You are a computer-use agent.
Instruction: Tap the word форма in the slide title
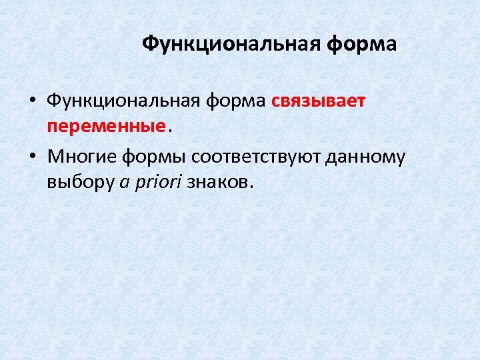click(361, 45)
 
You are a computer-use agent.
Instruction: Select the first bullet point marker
click(32, 102)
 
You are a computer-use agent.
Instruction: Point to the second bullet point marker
click(32, 157)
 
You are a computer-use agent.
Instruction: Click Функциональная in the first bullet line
click(123, 101)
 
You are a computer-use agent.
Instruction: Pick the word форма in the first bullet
click(235, 101)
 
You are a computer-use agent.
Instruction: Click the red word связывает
click(319, 101)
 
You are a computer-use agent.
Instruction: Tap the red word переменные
click(106, 126)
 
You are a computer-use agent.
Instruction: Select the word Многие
click(82, 157)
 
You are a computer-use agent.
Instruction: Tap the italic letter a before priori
click(125, 182)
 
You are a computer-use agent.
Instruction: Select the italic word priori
click(159, 182)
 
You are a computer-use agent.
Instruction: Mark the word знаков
click(217, 182)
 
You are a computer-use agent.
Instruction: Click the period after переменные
click(169, 131)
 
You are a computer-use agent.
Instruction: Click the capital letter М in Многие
click(55, 157)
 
